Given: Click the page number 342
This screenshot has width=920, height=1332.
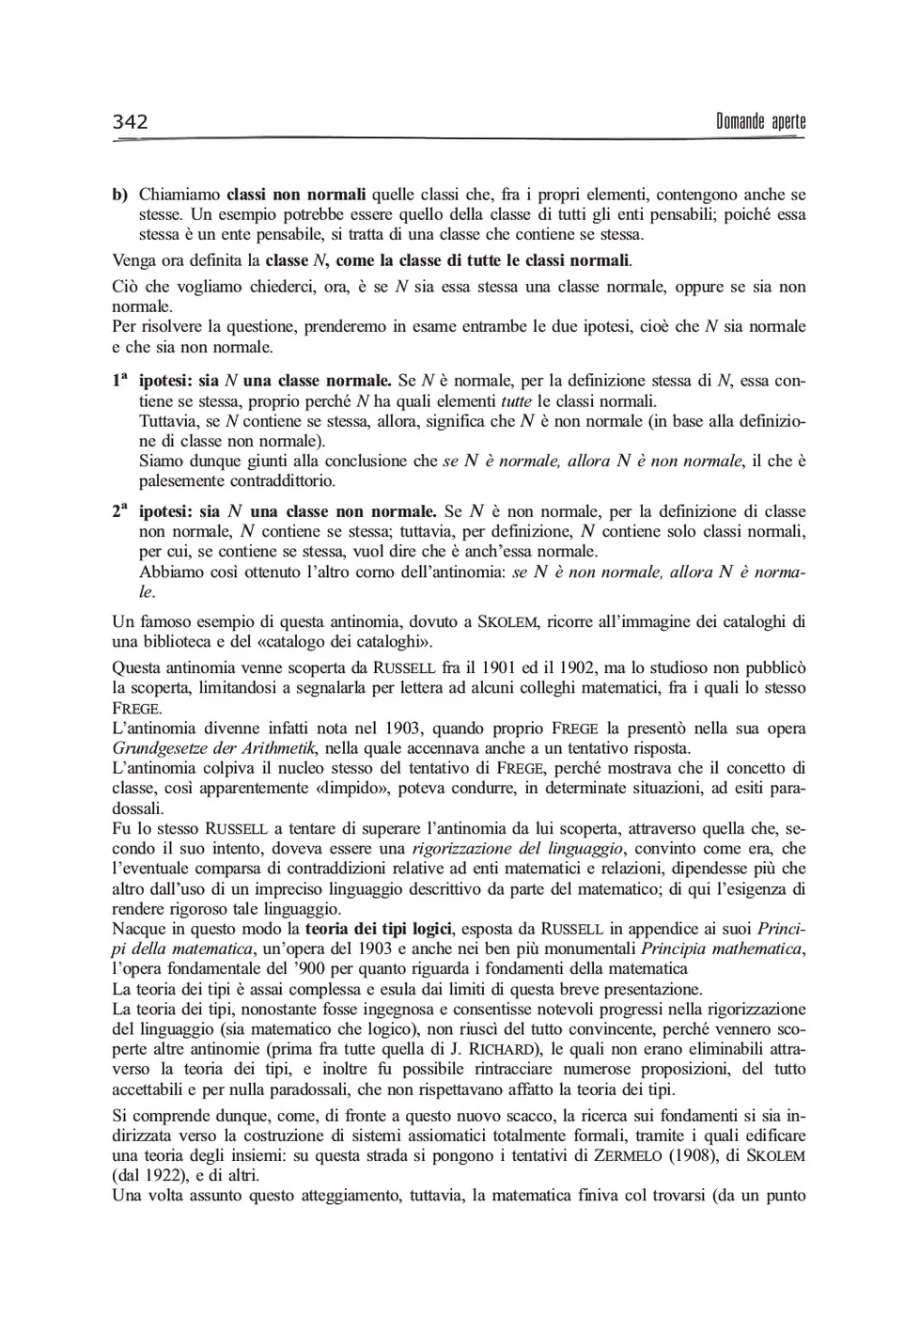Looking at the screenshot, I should (x=131, y=122).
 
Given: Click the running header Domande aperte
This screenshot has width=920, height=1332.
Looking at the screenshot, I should (x=760, y=122).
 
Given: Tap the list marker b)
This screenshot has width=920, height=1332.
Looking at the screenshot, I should (x=120, y=196).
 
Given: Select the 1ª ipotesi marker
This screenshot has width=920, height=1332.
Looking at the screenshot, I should (x=119, y=382).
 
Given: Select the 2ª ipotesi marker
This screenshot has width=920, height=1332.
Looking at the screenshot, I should (x=119, y=512).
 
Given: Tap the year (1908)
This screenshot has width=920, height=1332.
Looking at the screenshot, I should (x=695, y=1156).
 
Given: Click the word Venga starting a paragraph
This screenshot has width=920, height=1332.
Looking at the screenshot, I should (x=133, y=259).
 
